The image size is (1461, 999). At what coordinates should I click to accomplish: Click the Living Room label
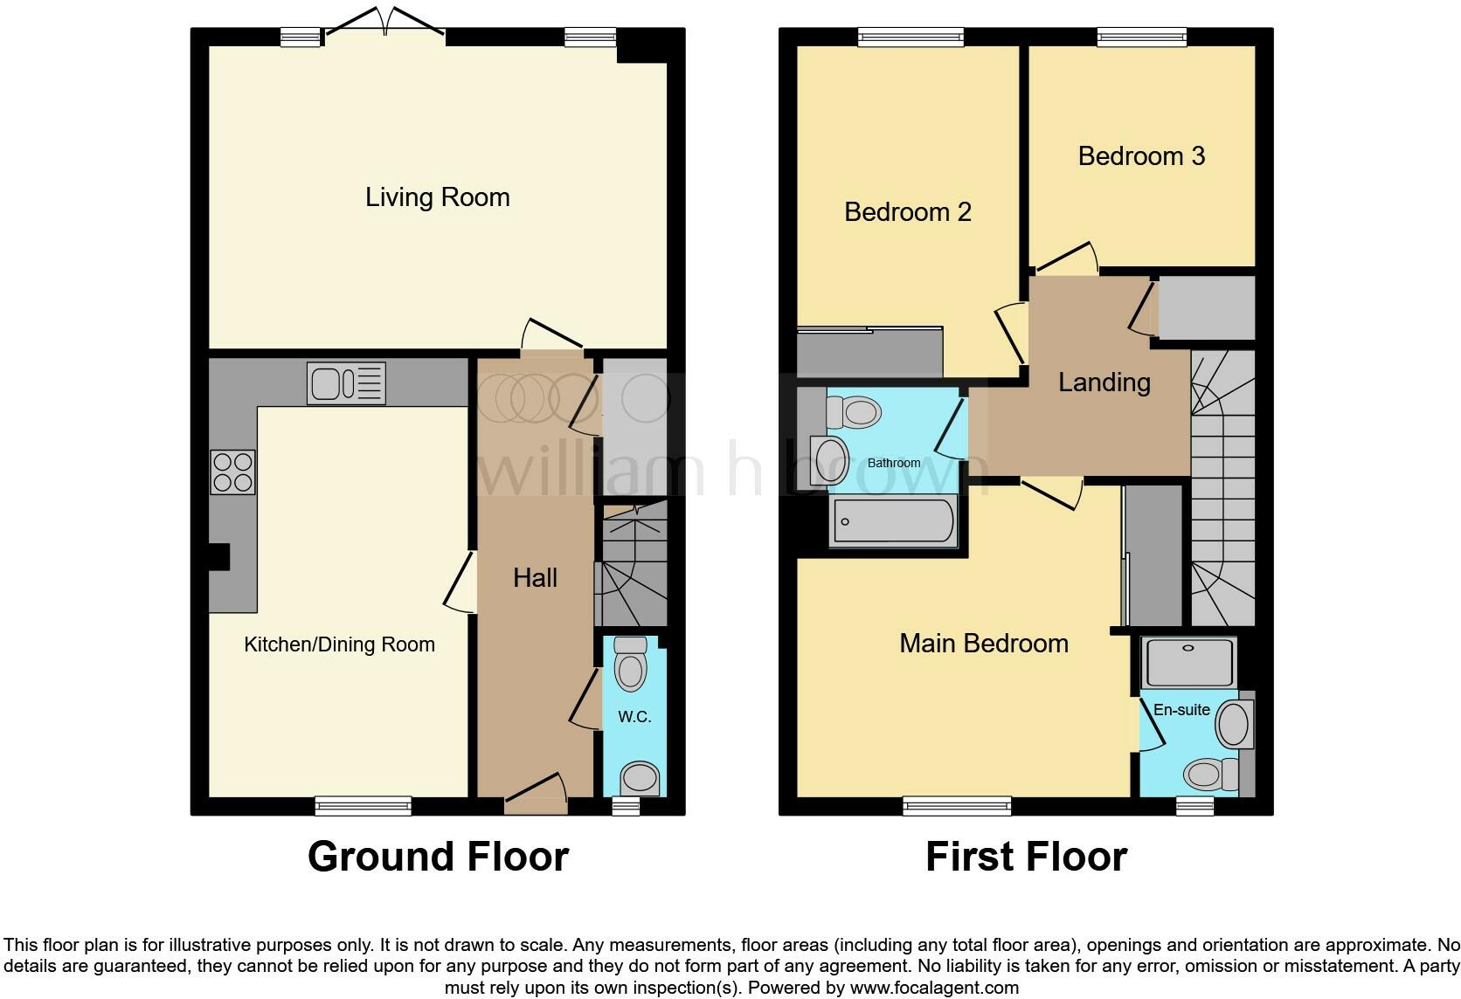[437, 197]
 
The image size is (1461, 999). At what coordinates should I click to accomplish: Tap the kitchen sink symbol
[346, 383]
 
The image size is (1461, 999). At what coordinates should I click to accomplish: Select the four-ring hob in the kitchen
[232, 472]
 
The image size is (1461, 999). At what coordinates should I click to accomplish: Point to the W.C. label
[634, 717]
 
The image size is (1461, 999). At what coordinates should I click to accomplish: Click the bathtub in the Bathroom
[893, 521]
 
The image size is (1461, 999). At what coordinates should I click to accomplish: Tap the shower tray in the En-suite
[1189, 662]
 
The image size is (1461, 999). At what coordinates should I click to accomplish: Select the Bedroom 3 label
[1141, 156]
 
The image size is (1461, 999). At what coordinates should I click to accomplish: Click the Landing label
[1104, 382]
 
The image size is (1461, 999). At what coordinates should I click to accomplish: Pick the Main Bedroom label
[984, 644]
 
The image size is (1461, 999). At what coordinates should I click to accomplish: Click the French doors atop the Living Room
[384, 26]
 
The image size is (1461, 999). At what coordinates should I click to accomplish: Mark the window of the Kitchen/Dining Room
[363, 805]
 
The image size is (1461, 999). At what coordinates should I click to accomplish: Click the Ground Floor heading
[438, 857]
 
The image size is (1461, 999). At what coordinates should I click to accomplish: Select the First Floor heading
[1026, 857]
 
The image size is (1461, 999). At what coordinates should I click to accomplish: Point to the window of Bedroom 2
[911, 37]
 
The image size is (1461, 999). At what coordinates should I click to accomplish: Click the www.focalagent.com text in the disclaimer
[933, 989]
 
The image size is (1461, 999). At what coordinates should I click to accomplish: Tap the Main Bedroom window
[957, 805]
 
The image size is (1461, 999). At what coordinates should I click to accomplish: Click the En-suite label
[1181, 710]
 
